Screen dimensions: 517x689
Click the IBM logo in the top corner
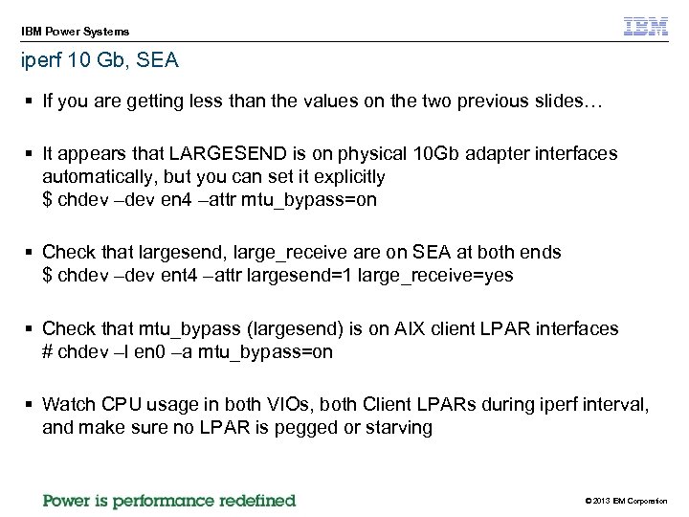tap(646, 27)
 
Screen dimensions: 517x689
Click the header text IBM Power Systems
tap(76, 32)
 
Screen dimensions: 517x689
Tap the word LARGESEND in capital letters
tap(220, 153)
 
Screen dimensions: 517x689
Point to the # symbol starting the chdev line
tap(48, 351)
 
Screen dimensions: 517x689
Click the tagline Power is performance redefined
tap(169, 500)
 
